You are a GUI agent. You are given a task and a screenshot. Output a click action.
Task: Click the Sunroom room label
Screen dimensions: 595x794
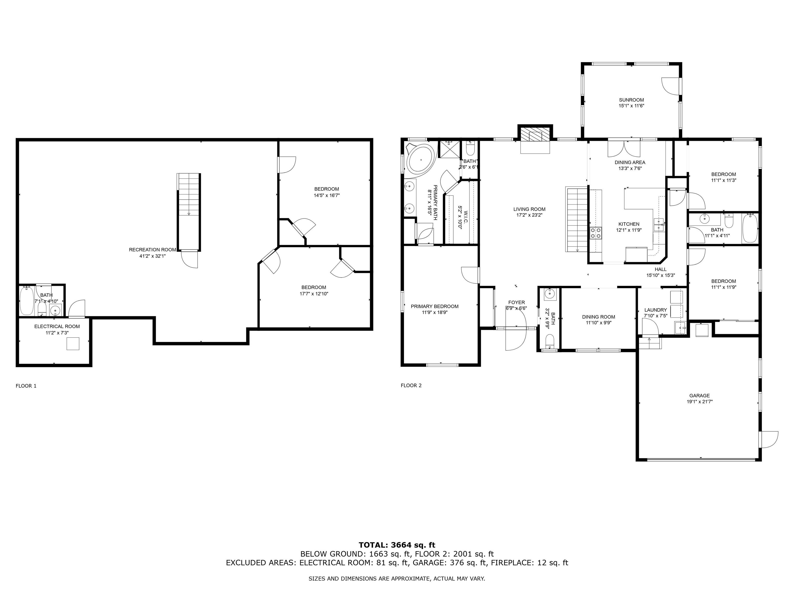631,100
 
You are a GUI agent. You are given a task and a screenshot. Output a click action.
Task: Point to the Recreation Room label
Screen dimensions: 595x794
152,250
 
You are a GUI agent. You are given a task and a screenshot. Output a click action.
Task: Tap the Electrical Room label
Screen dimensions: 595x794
57,326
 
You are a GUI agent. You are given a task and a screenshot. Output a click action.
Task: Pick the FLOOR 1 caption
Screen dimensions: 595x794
26,386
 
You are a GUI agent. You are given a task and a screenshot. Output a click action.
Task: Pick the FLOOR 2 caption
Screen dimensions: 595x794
411,386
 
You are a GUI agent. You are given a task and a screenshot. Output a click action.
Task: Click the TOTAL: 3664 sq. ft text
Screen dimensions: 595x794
397,545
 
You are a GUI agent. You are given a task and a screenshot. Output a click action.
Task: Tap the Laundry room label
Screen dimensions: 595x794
655,310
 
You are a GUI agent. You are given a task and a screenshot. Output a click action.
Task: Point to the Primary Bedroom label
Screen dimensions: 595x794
434,306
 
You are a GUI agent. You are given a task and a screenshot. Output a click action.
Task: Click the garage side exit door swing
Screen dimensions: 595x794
769,439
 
